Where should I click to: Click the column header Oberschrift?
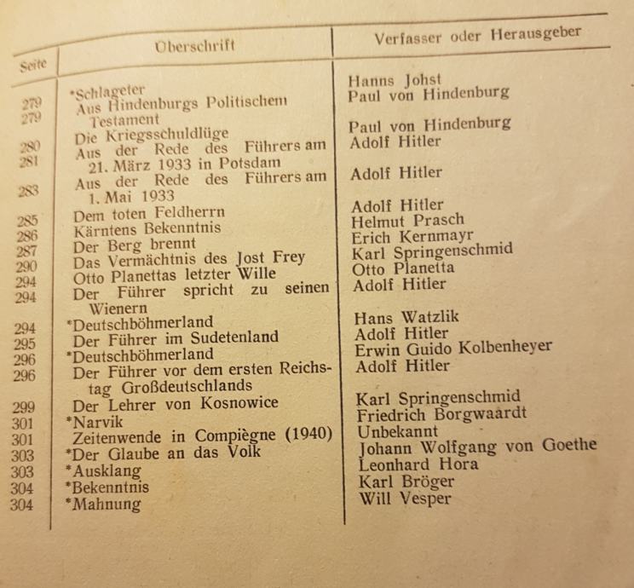196,45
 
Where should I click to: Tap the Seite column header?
30,63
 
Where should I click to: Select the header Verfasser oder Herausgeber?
478,36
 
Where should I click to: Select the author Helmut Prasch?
406,220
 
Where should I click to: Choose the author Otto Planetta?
404,268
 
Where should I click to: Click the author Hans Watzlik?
406,317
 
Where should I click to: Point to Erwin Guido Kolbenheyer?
453,347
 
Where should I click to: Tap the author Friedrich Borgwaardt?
441,413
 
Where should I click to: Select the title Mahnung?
106,504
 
